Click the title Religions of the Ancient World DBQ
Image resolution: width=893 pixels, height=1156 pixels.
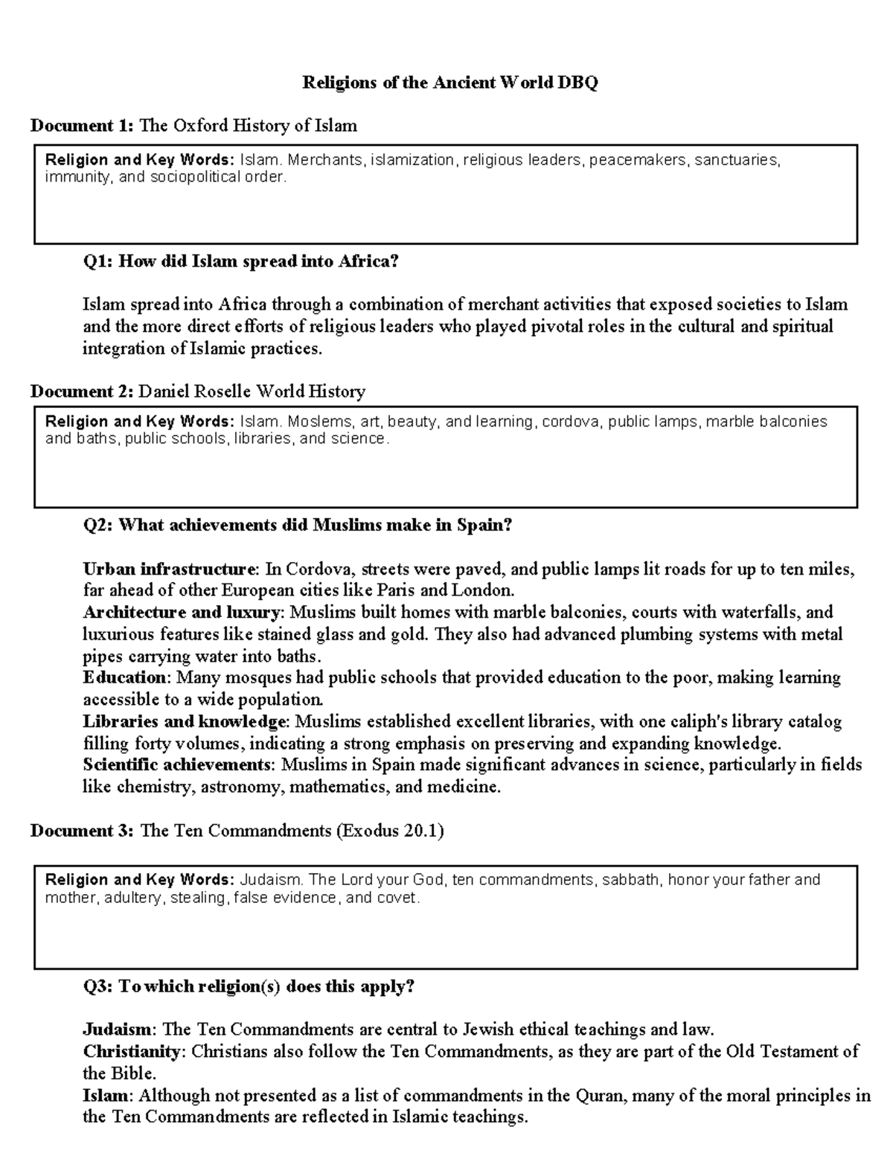449,83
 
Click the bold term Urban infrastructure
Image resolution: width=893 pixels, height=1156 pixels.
169,569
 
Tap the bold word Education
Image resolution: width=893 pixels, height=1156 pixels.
124,677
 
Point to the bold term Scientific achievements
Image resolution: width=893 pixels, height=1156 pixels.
176,764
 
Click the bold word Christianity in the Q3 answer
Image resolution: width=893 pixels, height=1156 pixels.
131,1051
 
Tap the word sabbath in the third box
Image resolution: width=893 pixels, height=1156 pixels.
630,880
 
